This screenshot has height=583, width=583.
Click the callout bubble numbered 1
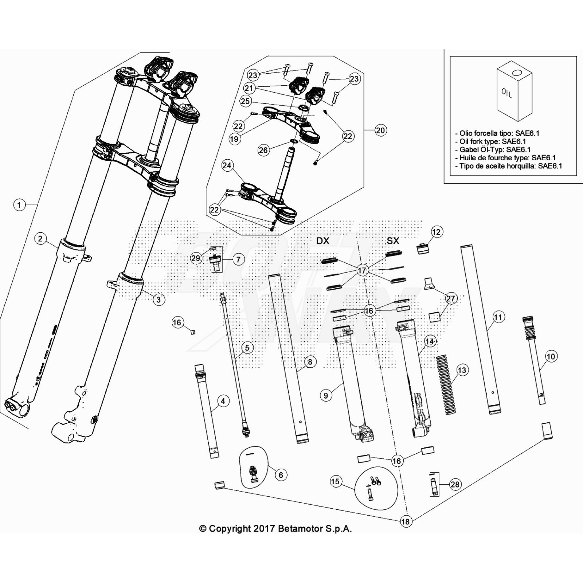click(19, 205)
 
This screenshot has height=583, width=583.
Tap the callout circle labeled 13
click(462, 370)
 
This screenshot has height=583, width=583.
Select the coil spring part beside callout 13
click(446, 384)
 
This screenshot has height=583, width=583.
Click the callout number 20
click(380, 130)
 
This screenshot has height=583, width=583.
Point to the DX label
click(322, 241)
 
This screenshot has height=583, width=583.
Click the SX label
click(393, 241)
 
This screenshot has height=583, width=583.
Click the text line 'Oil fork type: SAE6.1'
click(492, 141)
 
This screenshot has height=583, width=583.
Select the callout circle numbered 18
click(405, 521)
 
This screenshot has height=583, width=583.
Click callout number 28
click(455, 484)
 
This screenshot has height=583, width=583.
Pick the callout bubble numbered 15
click(335, 481)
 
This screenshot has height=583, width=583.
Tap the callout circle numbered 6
click(281, 475)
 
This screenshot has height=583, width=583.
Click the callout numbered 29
click(196, 258)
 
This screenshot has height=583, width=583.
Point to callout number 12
click(436, 232)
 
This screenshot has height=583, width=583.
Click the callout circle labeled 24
click(227, 165)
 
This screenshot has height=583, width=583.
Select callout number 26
click(263, 150)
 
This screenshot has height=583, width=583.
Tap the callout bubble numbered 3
click(159, 300)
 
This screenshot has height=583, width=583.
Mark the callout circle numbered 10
click(551, 356)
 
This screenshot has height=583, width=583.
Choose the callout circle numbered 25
click(245, 101)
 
